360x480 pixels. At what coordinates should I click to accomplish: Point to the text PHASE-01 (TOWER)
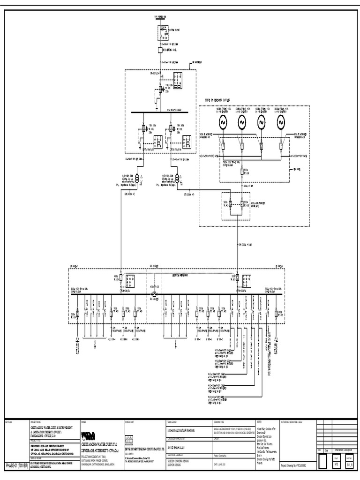(x=16, y=465)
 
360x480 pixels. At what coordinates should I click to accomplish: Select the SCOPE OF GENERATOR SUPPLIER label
(x=222, y=100)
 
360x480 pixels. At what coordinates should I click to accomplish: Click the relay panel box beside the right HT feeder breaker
(x=187, y=141)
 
